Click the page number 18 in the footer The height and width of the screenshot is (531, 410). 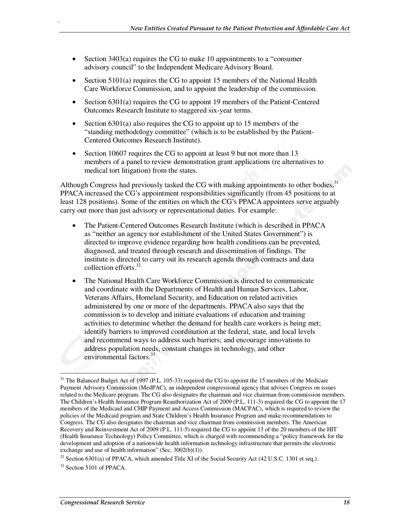coord(347,502)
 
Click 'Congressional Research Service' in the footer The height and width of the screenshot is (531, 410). coord(102,502)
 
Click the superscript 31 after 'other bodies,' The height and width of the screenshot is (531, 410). coord(337,183)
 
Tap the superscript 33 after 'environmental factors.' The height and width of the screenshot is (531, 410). coord(153,354)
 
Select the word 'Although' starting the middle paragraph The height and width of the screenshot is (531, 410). coord(73,185)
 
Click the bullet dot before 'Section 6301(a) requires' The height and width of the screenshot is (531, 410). coord(75,102)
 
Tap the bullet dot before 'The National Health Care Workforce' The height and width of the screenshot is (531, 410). coord(75,281)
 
